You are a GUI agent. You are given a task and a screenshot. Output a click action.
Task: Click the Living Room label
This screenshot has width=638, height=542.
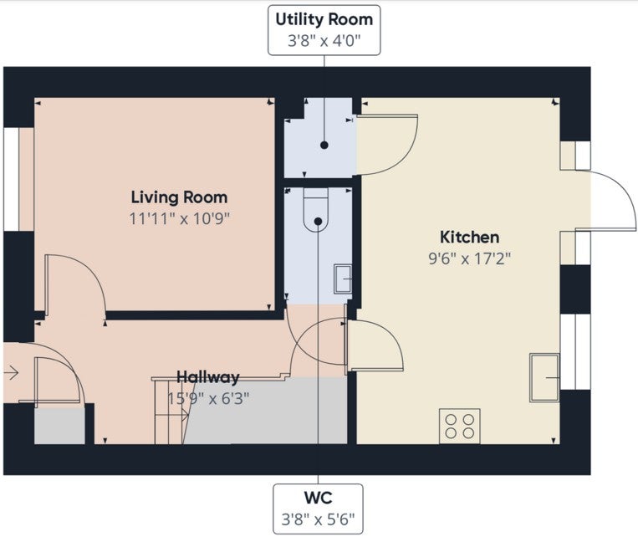[179, 197]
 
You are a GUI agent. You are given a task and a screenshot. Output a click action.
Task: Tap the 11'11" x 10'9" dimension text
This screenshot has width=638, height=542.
[180, 218]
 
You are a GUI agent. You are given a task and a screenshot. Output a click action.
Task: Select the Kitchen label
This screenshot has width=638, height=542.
[470, 237]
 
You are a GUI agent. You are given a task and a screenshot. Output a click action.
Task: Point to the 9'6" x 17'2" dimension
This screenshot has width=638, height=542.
[470, 258]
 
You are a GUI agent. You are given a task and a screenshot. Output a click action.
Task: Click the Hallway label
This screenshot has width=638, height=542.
[207, 377]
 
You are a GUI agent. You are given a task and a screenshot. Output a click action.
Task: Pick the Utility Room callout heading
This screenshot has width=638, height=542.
[324, 19]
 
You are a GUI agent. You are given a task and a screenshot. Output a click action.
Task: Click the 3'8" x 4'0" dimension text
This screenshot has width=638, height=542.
[324, 41]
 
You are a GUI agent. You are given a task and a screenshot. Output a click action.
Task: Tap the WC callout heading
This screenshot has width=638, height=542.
[318, 497]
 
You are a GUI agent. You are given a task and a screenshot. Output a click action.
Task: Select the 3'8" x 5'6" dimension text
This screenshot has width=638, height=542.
[318, 519]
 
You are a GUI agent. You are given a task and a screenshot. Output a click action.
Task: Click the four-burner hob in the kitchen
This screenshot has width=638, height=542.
[459, 426]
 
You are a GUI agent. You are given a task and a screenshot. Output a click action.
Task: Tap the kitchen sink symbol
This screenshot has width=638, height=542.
[544, 377]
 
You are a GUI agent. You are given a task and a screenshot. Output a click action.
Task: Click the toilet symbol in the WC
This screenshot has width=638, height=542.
[316, 210]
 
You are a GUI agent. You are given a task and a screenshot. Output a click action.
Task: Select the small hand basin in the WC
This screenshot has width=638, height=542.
[343, 279]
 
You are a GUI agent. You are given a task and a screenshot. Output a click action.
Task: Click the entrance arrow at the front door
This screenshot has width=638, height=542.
[12, 372]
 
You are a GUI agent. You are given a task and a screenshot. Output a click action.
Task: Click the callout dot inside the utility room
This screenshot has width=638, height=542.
[324, 145]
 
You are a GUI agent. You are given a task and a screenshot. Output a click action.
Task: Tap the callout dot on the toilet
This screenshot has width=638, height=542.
[319, 222]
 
